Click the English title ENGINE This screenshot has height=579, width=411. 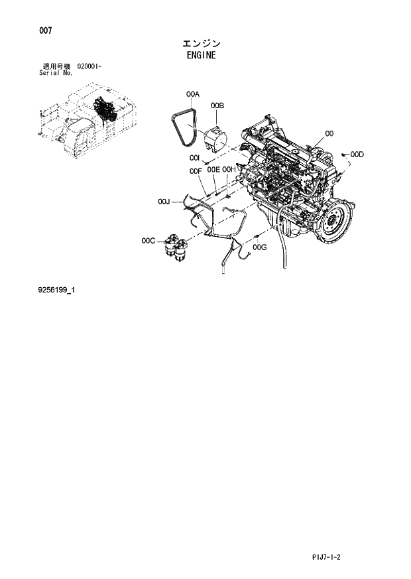tap(202, 56)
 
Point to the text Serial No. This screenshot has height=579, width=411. tap(56, 73)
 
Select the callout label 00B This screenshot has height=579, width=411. tap(217, 105)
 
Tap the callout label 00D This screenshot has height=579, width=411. tap(357, 155)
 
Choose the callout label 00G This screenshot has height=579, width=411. tap(260, 247)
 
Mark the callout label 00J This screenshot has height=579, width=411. tap(164, 201)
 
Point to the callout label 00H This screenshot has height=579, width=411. tap(229, 170)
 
